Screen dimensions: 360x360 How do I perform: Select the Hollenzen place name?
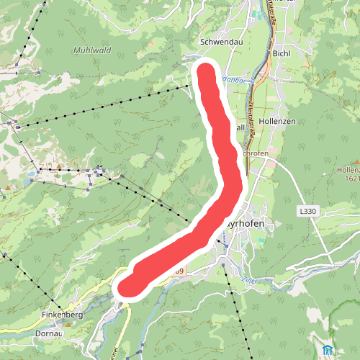coord(276,121)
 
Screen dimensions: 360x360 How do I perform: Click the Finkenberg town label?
coord(62,315)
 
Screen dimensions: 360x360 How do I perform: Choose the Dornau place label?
coord(48,334)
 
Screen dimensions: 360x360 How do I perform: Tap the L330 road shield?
coord(307,211)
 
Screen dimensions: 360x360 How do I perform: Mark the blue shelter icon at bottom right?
coord(328,351)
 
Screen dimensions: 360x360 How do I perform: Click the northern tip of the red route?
coord(206,71)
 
